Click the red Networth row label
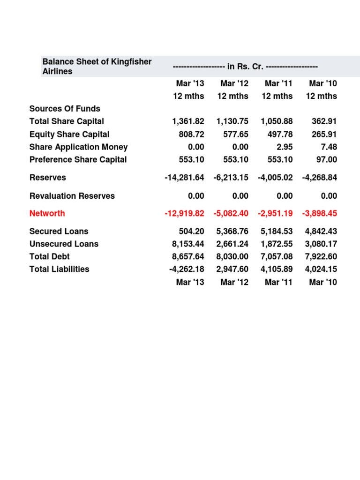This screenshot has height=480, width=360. [x=47, y=213]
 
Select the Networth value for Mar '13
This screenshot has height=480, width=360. [x=184, y=213]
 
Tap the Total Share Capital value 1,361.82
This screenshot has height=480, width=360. [x=188, y=121]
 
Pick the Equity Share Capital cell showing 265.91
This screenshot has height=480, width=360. [x=324, y=134]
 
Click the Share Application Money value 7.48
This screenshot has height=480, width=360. [x=330, y=147]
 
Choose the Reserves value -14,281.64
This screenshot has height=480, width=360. [x=184, y=178]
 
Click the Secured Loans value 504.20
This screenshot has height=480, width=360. [x=191, y=231]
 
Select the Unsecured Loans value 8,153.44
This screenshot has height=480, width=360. [x=188, y=244]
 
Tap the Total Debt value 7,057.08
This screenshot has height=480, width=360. [x=277, y=256]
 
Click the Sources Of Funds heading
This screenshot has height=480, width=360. [x=65, y=109]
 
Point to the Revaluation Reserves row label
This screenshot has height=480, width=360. [x=72, y=196]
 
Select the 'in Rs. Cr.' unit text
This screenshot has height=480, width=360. [x=245, y=67]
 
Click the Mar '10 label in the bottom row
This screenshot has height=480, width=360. [x=323, y=282]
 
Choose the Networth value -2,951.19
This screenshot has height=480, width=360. [x=275, y=213]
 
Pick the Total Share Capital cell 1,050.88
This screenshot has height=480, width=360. [x=277, y=121]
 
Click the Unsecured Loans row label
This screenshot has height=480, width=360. [x=64, y=244]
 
